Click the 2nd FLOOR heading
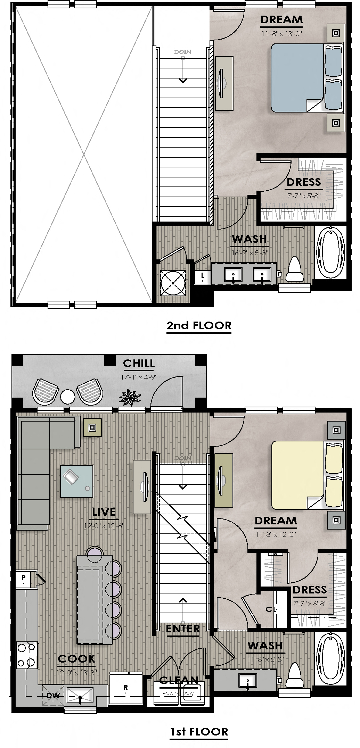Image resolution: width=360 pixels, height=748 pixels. pos(199,325)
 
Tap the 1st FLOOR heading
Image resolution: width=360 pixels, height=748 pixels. pos(199,731)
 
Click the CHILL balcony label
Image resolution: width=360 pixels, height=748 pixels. pos(139,363)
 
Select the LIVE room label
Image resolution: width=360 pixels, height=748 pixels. pos(104,512)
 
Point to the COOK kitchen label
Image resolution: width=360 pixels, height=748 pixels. pos(76,659)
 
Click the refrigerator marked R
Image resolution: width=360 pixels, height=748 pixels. pos(125,688)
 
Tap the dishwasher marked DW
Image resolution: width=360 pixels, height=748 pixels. pos(53,696)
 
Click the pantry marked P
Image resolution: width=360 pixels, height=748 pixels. pos(24,578)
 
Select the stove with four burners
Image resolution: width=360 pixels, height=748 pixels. pos(27,655)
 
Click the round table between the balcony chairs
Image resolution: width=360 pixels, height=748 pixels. pos(67,396)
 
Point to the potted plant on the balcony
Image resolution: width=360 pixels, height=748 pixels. pos(130,397)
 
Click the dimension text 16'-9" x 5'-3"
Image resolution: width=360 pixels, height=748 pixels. pos(250,253)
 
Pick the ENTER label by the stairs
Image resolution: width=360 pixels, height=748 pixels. pos(183,629)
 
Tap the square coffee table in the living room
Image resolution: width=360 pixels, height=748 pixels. pos(76,481)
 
